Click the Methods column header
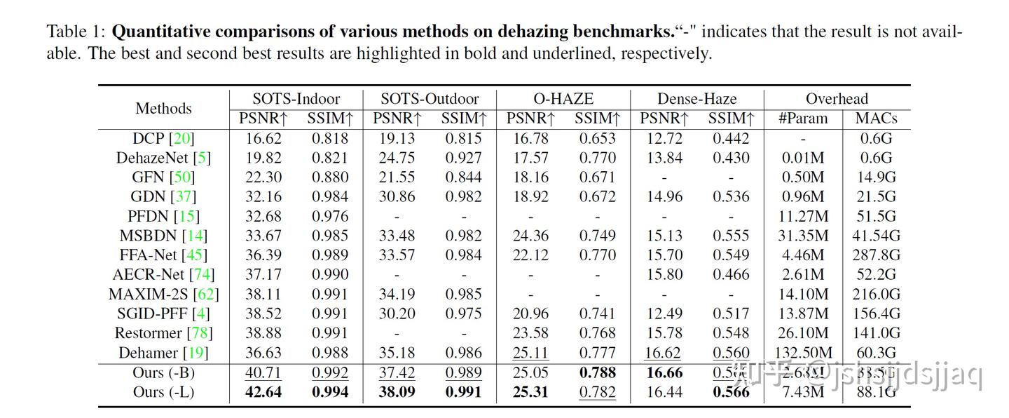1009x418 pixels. click(163, 109)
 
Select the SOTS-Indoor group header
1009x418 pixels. click(296, 99)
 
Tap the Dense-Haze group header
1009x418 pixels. click(696, 99)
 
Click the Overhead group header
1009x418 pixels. click(837, 99)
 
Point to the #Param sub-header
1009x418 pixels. click(803, 119)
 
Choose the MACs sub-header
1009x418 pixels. click(876, 119)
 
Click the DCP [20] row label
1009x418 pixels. click(163, 139)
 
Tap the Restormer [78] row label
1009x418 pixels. click(163, 333)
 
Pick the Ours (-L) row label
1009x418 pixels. click(163, 392)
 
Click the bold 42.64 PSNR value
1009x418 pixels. click(263, 392)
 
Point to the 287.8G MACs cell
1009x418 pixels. click(876, 255)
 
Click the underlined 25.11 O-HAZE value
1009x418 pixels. click(530, 353)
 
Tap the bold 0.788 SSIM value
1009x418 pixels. click(598, 372)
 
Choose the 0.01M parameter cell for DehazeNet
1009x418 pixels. click(803, 159)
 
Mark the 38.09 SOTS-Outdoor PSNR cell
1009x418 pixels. click(397, 392)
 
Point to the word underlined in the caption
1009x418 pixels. click(570, 53)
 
